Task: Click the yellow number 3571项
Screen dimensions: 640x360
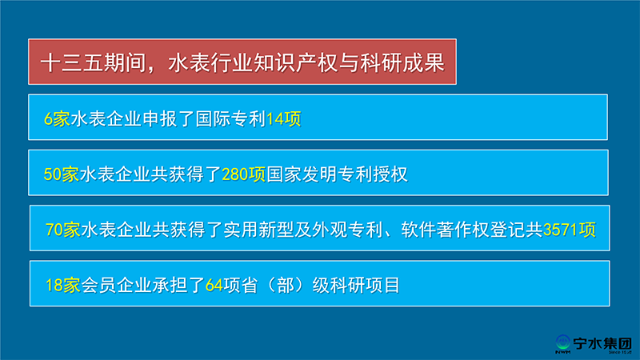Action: pyautogui.click(x=570, y=230)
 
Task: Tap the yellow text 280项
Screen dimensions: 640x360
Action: pyautogui.click(x=244, y=174)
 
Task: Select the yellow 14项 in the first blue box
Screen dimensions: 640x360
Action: pyautogui.click(x=284, y=119)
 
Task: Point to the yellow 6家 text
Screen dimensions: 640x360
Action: pyautogui.click(x=57, y=119)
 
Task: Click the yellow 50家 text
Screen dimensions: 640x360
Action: pyautogui.click(x=62, y=174)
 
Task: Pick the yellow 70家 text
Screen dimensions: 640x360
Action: pyautogui.click(x=63, y=230)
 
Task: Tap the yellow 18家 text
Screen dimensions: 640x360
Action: pyautogui.click(x=63, y=286)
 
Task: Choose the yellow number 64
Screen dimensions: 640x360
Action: pyautogui.click(x=214, y=286)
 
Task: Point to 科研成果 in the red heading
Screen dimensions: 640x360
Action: pyautogui.click(x=403, y=63)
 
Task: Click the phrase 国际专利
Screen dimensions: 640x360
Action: pyautogui.click(x=230, y=119)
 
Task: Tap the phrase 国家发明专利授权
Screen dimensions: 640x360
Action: pyautogui.click(x=337, y=174)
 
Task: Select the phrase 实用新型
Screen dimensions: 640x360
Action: pyautogui.click(x=258, y=230)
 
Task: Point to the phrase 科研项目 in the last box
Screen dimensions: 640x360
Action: pyautogui.click(x=366, y=286)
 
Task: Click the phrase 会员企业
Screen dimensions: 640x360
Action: pyautogui.click(x=117, y=286)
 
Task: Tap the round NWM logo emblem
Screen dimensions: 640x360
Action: pyautogui.click(x=563, y=342)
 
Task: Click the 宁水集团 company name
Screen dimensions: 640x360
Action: pyautogui.click(x=602, y=343)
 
